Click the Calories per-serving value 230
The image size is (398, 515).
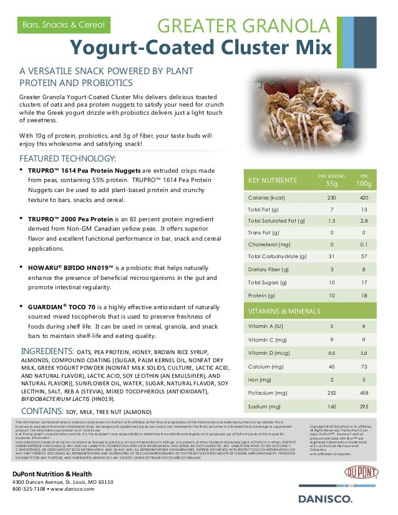(332, 198)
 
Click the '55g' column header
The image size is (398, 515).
(332, 184)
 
